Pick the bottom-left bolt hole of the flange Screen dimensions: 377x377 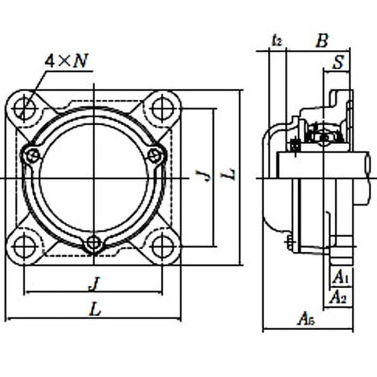pos(24,246)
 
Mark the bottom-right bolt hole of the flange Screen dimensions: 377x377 pos(162,246)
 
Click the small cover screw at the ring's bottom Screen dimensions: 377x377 pos(94,243)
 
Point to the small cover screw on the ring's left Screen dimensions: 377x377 pos(32,155)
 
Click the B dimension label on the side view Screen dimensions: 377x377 pos(321,41)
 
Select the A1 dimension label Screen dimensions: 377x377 pos(340,279)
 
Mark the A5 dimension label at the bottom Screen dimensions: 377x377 pos(306,320)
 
